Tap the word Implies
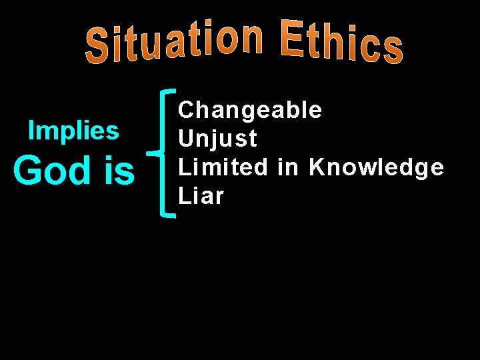[73, 131]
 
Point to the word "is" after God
[119, 170]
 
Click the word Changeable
[249, 109]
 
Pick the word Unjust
[217, 139]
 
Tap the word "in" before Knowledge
[289, 167]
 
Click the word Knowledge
[376, 167]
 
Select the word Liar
[200, 196]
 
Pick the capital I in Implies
[31, 131]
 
